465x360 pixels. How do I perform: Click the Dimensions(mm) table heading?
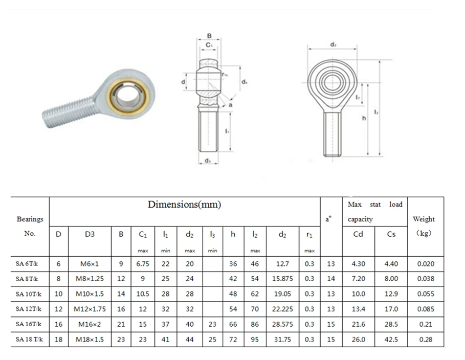tap(184, 205)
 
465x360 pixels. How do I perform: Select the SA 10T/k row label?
tap(29, 294)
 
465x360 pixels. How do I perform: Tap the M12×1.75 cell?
tap(90, 309)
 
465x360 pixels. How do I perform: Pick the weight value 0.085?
tap(426, 309)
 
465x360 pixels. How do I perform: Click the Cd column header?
tap(358, 234)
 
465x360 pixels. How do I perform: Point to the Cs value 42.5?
tap(391, 339)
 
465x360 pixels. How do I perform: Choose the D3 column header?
tap(90, 234)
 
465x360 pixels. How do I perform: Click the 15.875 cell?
tap(282, 279)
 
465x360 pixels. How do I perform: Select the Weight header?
tap(424, 219)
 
